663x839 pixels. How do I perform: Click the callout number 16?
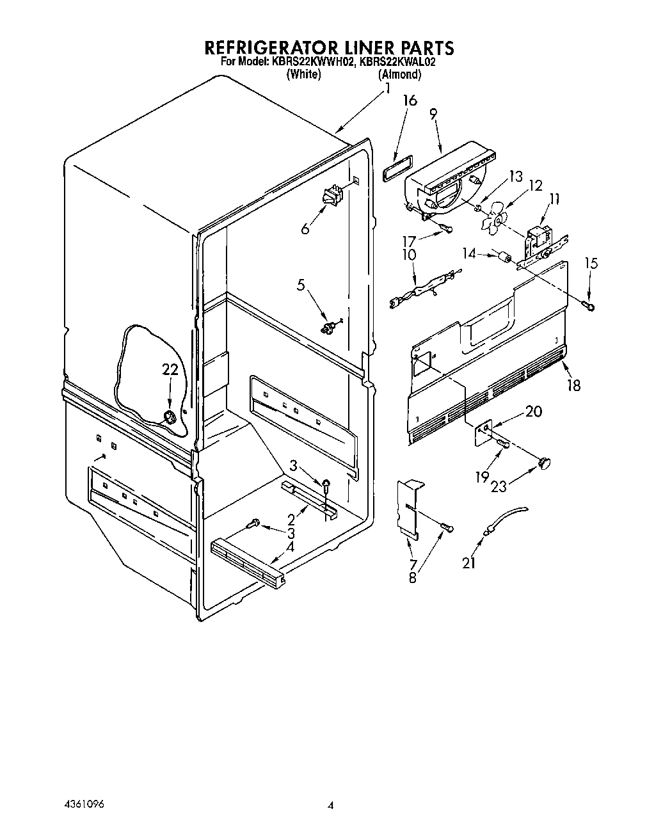tap(410, 100)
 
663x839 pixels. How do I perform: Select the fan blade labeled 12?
tap(494, 221)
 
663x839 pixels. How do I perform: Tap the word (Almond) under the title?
tap(400, 74)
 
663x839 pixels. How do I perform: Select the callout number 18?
tap(574, 385)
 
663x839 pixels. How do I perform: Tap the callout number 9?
tap(433, 115)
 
